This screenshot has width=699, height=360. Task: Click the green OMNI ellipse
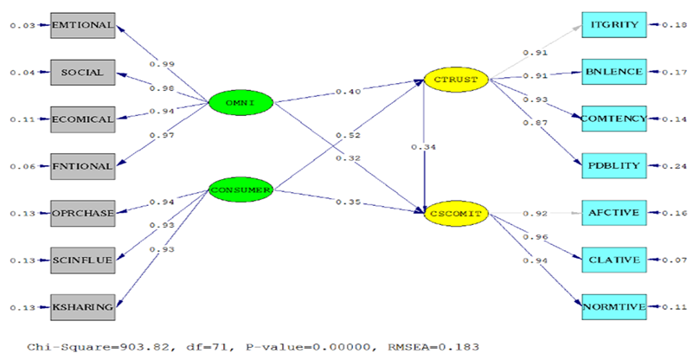241,104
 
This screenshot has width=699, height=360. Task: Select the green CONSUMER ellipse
241,189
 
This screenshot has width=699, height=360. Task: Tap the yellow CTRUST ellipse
457,80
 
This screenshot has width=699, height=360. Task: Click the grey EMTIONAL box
83,25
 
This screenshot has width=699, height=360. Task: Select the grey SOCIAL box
83,72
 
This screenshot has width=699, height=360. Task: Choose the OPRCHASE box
83,212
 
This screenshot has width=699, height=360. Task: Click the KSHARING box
83,305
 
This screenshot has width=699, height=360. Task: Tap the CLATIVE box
613,259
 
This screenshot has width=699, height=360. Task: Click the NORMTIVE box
613,305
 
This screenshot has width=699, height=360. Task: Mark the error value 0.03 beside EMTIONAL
22,26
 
